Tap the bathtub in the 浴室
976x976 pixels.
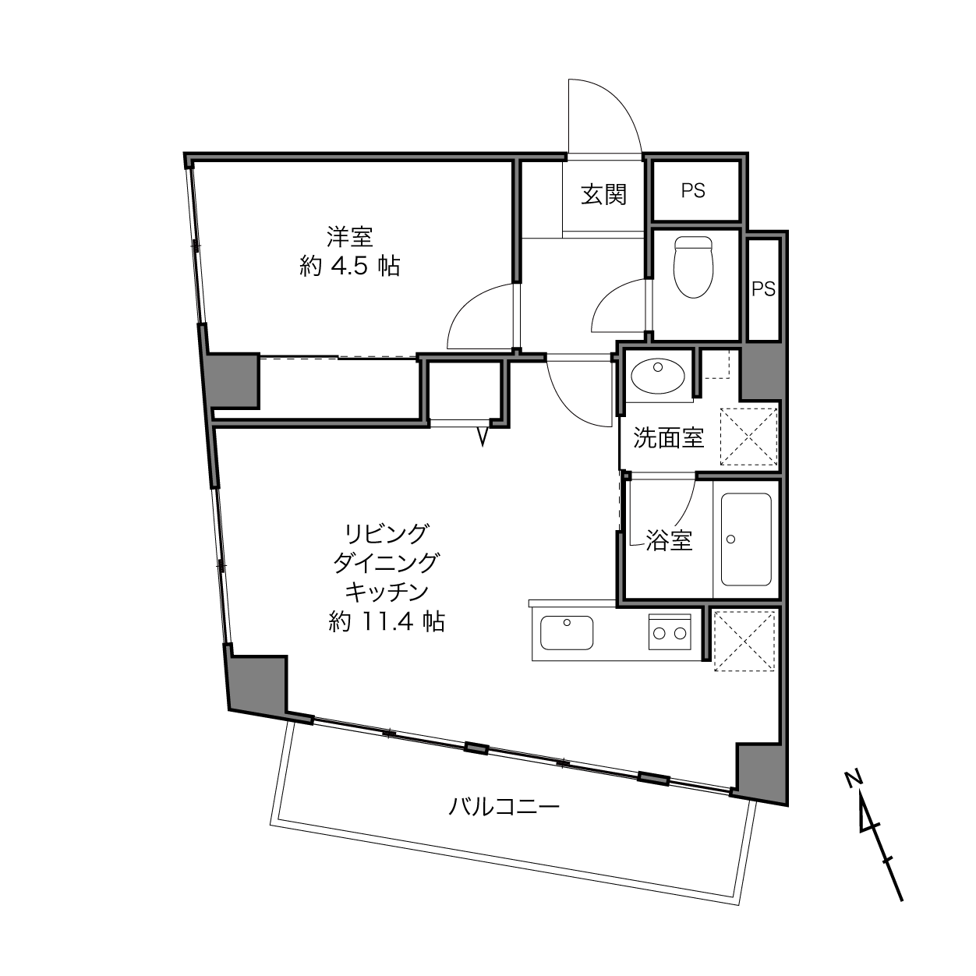[x=746, y=539]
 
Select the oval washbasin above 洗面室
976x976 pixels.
[x=658, y=375]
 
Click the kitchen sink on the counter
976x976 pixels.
[x=566, y=632]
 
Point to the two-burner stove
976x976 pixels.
[x=670, y=631]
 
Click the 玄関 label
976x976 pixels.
[x=603, y=194]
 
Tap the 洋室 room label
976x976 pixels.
[x=350, y=237]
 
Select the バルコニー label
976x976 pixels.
[x=504, y=806]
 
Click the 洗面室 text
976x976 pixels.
[x=669, y=437]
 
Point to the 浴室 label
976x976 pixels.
[x=669, y=540]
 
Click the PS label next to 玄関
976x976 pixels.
[x=693, y=191]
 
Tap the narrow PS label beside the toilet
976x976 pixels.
[x=763, y=288]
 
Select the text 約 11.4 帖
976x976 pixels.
[x=387, y=621]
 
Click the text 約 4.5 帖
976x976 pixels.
[x=350, y=267]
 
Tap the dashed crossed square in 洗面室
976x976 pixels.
[x=748, y=437]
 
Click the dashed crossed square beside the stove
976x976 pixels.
[x=744, y=642]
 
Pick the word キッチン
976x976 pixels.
[x=387, y=592]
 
